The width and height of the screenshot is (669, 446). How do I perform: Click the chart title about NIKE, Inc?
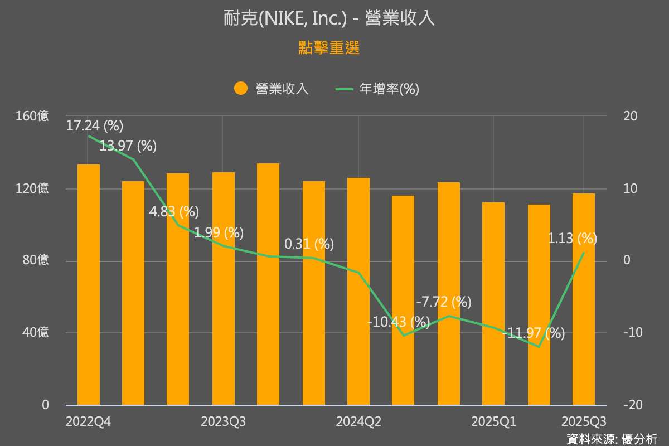point(327,20)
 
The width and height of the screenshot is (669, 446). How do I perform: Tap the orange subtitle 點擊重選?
point(329,48)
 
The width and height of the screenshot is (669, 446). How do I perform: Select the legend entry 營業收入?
point(272,89)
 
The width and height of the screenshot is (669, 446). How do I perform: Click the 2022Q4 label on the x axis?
point(88,421)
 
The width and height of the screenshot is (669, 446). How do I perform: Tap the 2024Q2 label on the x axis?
point(358,421)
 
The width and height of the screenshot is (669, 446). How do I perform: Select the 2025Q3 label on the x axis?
point(584,421)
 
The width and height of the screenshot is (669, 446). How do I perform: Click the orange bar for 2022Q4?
point(89,284)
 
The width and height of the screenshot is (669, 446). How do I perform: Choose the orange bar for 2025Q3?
point(584,299)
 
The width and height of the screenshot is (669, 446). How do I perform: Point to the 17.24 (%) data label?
point(95,125)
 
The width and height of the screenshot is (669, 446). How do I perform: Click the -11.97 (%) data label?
point(534,333)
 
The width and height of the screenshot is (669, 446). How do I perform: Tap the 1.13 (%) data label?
point(572,239)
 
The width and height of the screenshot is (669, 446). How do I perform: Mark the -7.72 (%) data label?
point(444,302)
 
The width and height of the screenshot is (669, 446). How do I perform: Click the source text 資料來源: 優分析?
point(612,438)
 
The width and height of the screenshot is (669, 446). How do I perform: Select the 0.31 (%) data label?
point(309,244)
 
